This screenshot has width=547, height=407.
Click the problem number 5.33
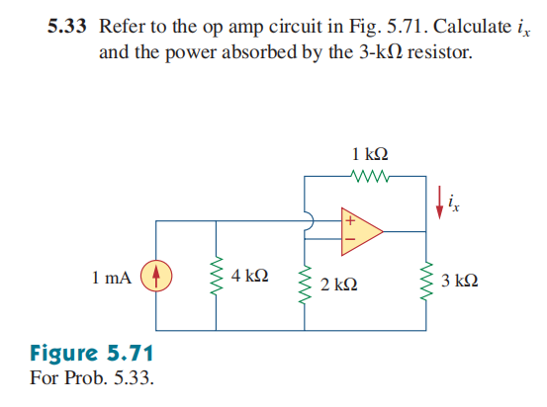tap(68, 27)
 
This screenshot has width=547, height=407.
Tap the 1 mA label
tap(111, 278)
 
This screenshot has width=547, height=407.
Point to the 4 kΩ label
tap(248, 274)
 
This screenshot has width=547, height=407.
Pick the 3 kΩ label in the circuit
tap(460, 282)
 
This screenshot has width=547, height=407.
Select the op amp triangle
tap(359, 225)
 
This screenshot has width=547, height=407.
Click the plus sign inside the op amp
tap(348, 214)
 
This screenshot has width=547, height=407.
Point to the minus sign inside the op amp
tap(348, 237)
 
